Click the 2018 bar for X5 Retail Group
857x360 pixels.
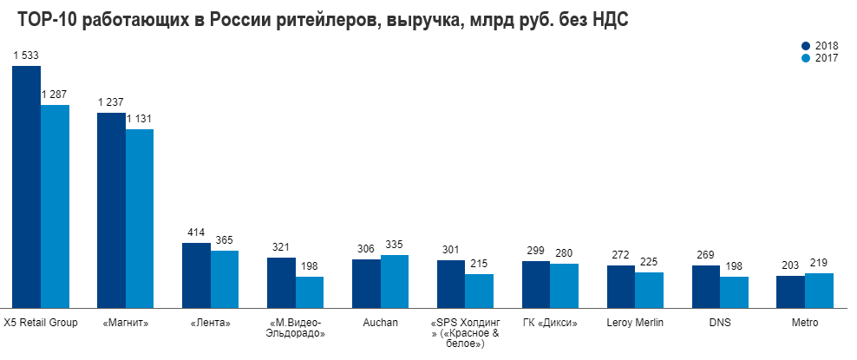coord(26,187)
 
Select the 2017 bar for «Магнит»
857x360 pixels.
coord(140,218)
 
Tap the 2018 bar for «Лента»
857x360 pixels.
coord(196,274)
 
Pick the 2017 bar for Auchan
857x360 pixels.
coord(395,280)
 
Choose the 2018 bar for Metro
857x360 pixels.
coord(790,291)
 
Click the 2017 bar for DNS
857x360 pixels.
coord(734,291)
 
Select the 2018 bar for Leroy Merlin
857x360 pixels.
coord(620,285)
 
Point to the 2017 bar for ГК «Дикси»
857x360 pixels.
coord(564,285)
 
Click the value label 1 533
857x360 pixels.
coord(26,56)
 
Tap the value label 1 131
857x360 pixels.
coord(141,119)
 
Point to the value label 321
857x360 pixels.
coord(281,247)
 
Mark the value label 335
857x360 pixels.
coord(394,245)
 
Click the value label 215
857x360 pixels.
coord(479,264)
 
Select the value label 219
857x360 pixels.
coord(819,263)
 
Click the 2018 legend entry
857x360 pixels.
coord(821,46)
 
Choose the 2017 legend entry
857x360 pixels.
coord(821,58)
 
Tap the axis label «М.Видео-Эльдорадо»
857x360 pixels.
coord(296,328)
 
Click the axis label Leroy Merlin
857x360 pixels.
coord(635,323)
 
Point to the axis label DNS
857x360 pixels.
coord(720,323)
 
